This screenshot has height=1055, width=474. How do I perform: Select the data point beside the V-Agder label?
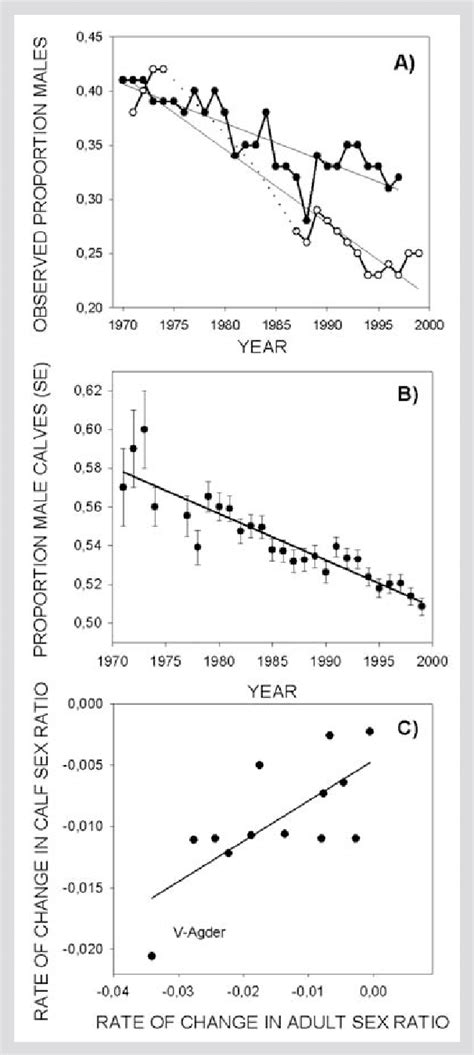152,956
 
